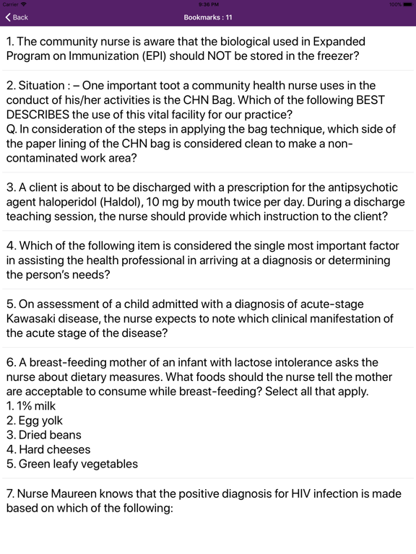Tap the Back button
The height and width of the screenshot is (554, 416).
coord(17,17)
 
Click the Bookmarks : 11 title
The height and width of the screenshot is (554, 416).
coord(207,17)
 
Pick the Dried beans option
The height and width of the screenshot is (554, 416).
coord(43,435)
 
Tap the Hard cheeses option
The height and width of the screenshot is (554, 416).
coord(48,449)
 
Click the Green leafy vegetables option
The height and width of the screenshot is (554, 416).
coord(71,464)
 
